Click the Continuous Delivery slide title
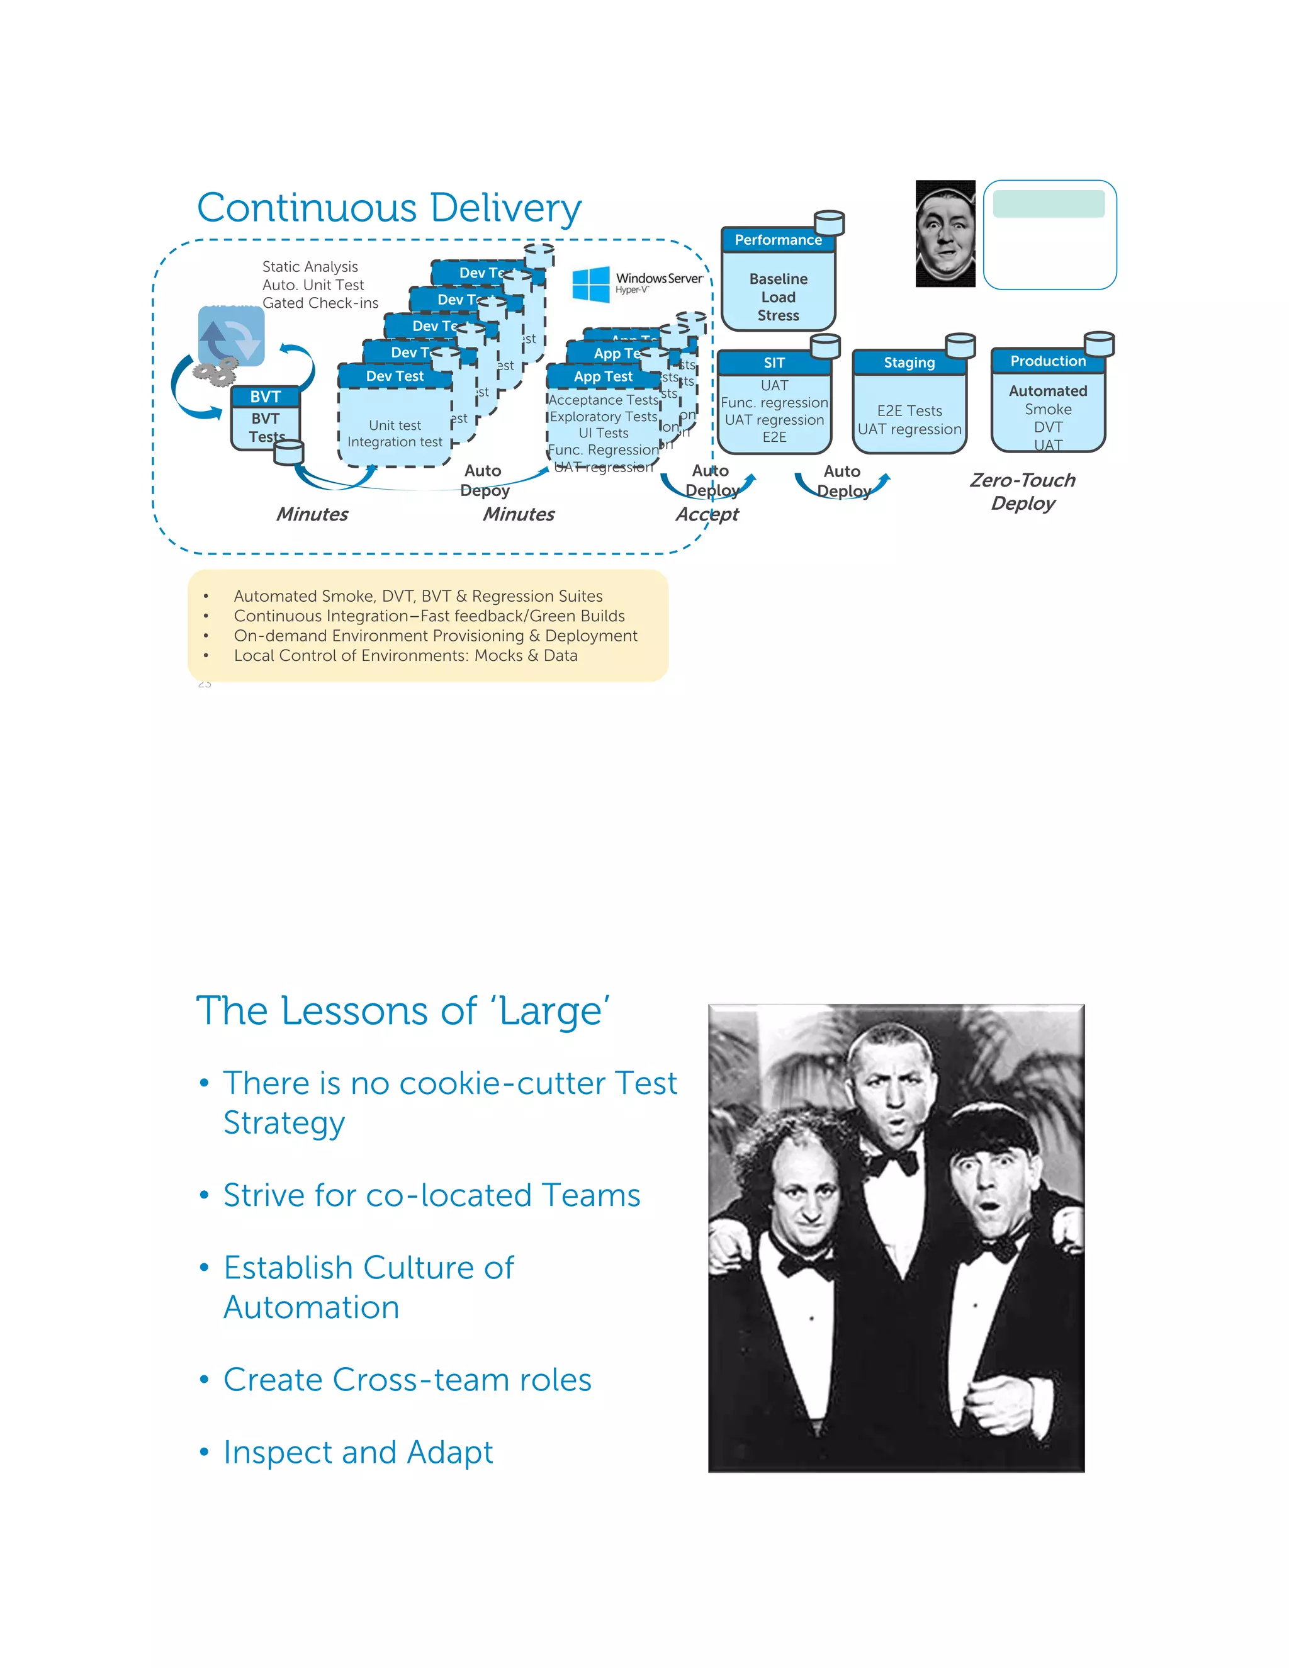click(x=389, y=208)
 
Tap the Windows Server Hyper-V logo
click(x=637, y=284)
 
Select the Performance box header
click(x=777, y=240)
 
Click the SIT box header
click(x=774, y=363)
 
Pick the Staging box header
click(x=909, y=362)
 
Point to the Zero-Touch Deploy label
click(x=1023, y=491)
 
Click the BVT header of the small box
click(x=265, y=397)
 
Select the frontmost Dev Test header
click(x=394, y=376)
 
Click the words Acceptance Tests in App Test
click(x=603, y=400)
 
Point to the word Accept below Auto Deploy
click(x=706, y=514)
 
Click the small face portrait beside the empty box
click(x=945, y=234)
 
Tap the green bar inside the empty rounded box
click(x=1049, y=204)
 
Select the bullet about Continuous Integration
click(x=429, y=616)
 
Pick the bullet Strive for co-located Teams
click(x=431, y=1195)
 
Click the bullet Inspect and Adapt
click(x=358, y=1452)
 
